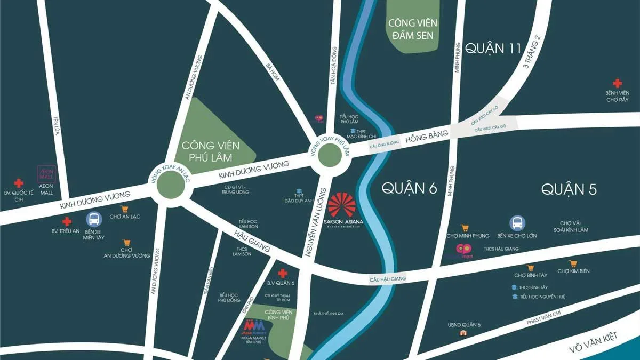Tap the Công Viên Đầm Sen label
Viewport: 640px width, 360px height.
[x=413, y=29]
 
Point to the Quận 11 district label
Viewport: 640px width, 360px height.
[x=493, y=49]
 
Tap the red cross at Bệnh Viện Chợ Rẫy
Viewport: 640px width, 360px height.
[x=617, y=83]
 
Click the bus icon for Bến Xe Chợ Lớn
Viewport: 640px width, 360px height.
[x=517, y=223]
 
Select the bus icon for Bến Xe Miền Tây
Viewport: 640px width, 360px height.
[x=93, y=219]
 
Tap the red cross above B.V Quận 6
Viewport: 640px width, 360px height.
[x=283, y=273]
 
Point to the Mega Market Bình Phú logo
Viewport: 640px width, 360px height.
[x=254, y=325]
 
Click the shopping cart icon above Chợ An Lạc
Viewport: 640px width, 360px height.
[x=124, y=209]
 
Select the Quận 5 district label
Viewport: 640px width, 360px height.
[x=569, y=189]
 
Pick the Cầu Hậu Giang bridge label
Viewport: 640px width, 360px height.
[x=388, y=279]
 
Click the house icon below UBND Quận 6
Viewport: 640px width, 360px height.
[x=463, y=333]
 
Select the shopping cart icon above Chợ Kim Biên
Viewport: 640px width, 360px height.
[x=573, y=263]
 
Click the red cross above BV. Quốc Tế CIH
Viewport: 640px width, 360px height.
[x=19, y=182]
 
